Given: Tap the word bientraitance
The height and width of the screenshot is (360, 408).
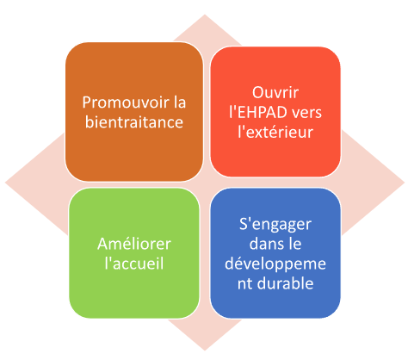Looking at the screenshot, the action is [x=134, y=122].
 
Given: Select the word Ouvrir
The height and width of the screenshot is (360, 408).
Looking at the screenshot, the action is [x=275, y=92].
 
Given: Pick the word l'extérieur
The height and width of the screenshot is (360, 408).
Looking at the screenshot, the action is [x=275, y=132].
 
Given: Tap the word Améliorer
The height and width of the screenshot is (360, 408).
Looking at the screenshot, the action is [x=134, y=244].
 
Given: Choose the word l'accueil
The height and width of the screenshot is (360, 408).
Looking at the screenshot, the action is [x=134, y=264].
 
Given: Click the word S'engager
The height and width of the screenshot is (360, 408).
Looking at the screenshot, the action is [x=275, y=225].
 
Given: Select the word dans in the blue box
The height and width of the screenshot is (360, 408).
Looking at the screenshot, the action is [x=265, y=244].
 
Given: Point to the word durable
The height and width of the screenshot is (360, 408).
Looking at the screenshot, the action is [x=285, y=283].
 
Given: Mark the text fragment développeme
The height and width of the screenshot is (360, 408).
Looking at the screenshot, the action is [x=275, y=264].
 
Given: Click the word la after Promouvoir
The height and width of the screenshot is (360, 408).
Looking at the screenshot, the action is [x=180, y=102].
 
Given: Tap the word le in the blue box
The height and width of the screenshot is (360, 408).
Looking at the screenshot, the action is [x=294, y=244].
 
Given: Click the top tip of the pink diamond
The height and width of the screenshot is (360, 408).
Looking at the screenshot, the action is [x=205, y=15].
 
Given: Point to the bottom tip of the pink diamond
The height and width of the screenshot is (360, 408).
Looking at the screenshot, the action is [x=205, y=351].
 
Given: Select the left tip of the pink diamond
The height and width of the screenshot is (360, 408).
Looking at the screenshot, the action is [x=5, y=183].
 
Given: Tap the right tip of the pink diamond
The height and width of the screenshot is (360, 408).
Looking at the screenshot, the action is [x=405, y=183].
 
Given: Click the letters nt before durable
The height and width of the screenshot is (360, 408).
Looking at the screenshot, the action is [x=244, y=284].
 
